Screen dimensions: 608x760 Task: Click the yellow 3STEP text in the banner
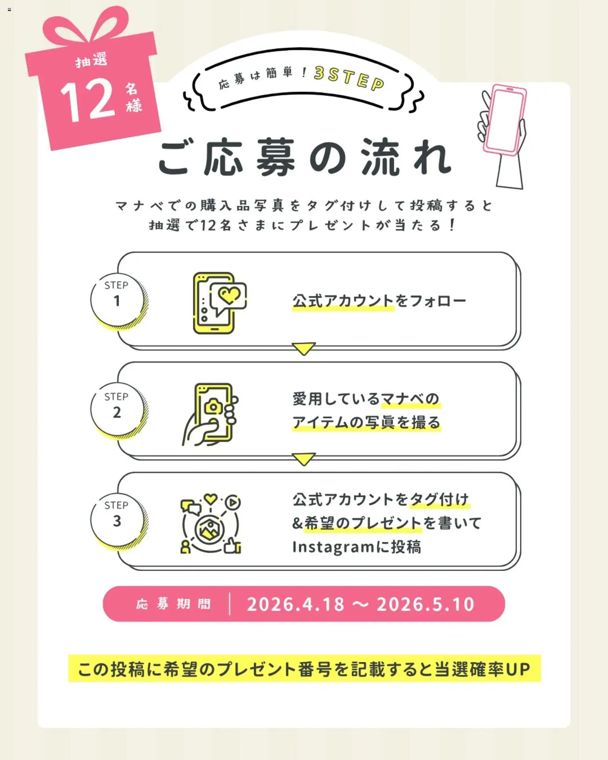click(349, 78)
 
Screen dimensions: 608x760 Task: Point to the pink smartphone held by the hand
click(504, 120)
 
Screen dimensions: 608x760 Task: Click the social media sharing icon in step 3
click(211, 524)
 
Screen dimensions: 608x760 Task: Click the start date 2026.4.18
click(296, 604)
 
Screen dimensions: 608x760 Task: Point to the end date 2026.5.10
click(426, 604)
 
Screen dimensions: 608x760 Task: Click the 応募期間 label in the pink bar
click(173, 604)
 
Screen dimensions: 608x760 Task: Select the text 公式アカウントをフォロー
click(379, 301)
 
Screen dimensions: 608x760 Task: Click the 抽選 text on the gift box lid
click(91, 60)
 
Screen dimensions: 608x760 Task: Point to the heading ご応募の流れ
click(305, 157)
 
